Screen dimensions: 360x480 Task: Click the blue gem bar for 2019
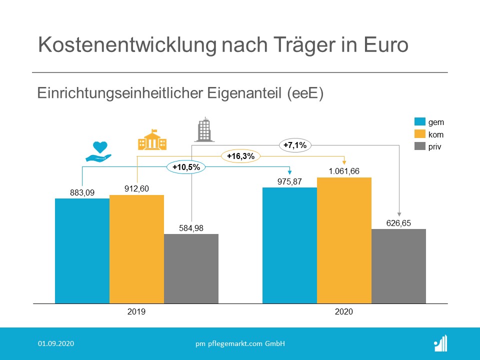click(82, 250)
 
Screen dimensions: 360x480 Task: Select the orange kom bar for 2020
click(344, 240)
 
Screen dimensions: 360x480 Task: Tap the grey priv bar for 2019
click(191, 268)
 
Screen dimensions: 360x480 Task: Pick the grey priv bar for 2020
click(398, 266)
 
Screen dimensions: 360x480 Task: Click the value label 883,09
click(82, 192)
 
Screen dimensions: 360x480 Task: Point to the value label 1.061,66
click(344, 171)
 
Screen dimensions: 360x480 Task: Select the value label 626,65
click(398, 223)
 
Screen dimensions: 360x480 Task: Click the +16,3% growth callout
click(240, 156)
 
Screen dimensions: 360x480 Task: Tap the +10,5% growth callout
click(185, 167)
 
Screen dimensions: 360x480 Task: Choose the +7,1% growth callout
click(294, 145)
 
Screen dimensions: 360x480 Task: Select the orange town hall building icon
click(152, 140)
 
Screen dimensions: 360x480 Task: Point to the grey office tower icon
click(203, 129)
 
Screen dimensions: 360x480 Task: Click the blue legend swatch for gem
click(419, 122)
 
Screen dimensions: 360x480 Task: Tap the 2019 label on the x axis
click(136, 311)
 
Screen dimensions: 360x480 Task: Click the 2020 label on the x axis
click(344, 311)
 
